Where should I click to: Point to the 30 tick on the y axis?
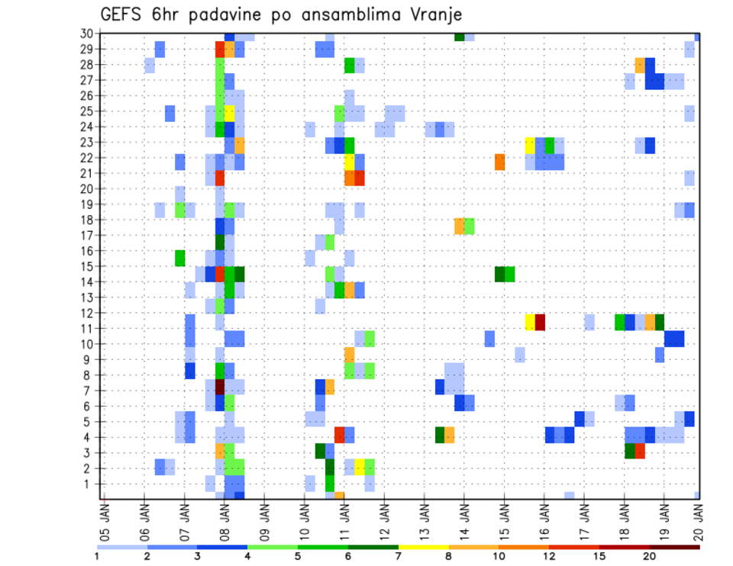(86, 34)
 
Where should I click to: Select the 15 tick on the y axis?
(86, 266)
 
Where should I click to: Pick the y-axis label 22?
(86, 158)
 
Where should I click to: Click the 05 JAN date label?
(105, 517)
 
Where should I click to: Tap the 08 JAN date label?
(224, 517)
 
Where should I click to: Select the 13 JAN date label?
(424, 517)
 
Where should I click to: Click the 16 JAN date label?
(544, 517)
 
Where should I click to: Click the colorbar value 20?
(649, 556)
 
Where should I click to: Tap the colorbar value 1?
(96, 556)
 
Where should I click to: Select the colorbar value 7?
(398, 556)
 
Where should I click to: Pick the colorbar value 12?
(548, 556)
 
